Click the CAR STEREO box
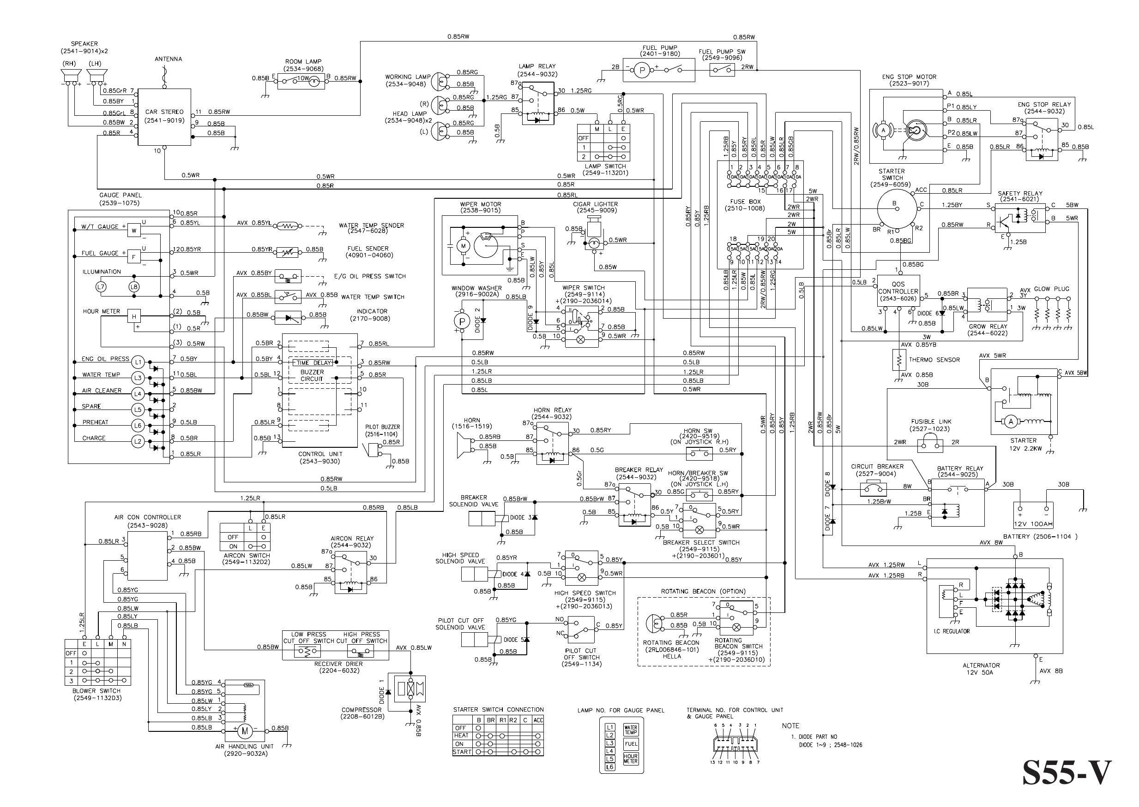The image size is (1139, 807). pyautogui.click(x=164, y=117)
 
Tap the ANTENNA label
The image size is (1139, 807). pyautogui.click(x=168, y=59)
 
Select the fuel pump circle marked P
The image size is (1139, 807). pyautogui.click(x=641, y=71)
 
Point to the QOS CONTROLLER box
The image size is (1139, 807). pyautogui.click(x=898, y=291)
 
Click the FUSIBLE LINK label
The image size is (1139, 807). pyautogui.click(x=930, y=421)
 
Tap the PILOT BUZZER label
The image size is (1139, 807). pyautogui.click(x=382, y=427)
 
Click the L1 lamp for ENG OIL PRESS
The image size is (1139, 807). pyautogui.click(x=138, y=362)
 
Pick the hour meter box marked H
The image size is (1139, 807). pyautogui.click(x=134, y=316)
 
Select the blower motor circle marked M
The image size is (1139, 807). pyautogui.click(x=244, y=731)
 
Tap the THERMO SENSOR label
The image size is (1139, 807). pyautogui.click(x=934, y=360)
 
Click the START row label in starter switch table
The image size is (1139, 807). pyautogui.click(x=462, y=752)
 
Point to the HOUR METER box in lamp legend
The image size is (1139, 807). pyautogui.click(x=630, y=759)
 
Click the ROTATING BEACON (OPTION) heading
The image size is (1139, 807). pyautogui.click(x=703, y=591)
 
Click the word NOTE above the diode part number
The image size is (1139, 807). pyautogui.click(x=790, y=726)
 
